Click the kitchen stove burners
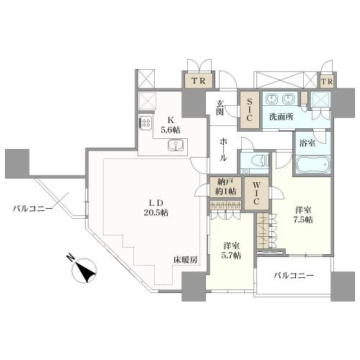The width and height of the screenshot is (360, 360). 145,122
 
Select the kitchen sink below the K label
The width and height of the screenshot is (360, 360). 176,146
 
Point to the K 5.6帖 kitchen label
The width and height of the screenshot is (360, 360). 171,125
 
